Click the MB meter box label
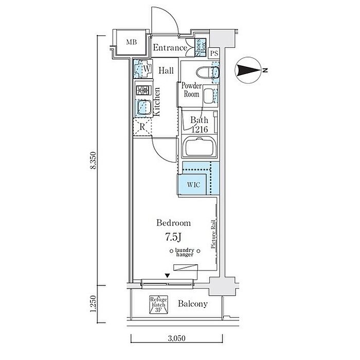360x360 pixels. pyautogui.click(x=132, y=42)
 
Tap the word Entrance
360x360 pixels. pyautogui.click(x=170, y=47)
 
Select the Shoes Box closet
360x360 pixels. pyautogui.click(x=200, y=47)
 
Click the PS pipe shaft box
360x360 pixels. pyautogui.click(x=214, y=53)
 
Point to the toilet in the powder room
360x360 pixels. pyautogui.click(x=208, y=73)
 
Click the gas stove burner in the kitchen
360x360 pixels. pyautogui.click(x=143, y=90)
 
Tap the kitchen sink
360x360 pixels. pyautogui.click(x=143, y=107)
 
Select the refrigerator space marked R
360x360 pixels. pyautogui.click(x=142, y=127)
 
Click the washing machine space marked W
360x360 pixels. pyautogui.click(x=143, y=68)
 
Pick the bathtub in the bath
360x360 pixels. pyautogui.click(x=200, y=147)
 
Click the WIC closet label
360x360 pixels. pyautogui.click(x=193, y=185)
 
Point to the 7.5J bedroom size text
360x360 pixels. pyautogui.click(x=173, y=237)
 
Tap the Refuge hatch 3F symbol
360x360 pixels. pyautogui.click(x=158, y=304)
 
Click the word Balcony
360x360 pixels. pyautogui.click(x=193, y=304)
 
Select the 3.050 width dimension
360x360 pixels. pyautogui.click(x=176, y=338)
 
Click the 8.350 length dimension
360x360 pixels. pyautogui.click(x=93, y=160)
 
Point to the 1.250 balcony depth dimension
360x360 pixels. pyautogui.click(x=93, y=304)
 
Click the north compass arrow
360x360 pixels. pyautogui.click(x=249, y=70)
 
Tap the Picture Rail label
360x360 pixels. pyautogui.click(x=213, y=234)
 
